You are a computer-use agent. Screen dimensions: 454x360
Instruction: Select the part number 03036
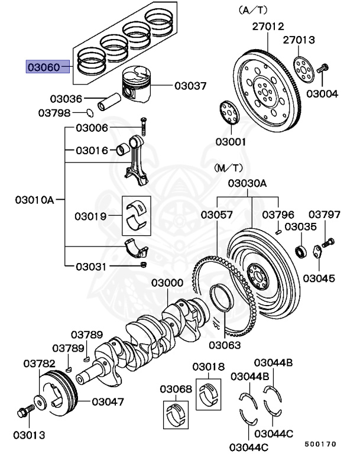[x=66, y=99]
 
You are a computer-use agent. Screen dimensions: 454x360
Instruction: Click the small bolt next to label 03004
[x=323, y=69]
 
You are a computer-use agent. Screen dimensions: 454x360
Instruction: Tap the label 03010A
[x=34, y=200]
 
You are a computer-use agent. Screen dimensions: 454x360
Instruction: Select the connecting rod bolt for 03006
[x=142, y=125]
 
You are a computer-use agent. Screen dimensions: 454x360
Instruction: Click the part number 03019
[x=91, y=216]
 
